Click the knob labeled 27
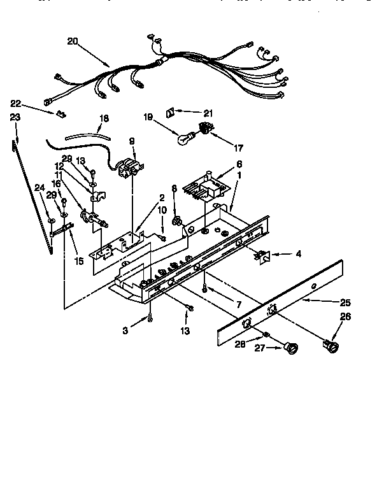(293, 347)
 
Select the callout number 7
(238, 305)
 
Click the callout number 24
(39, 187)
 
